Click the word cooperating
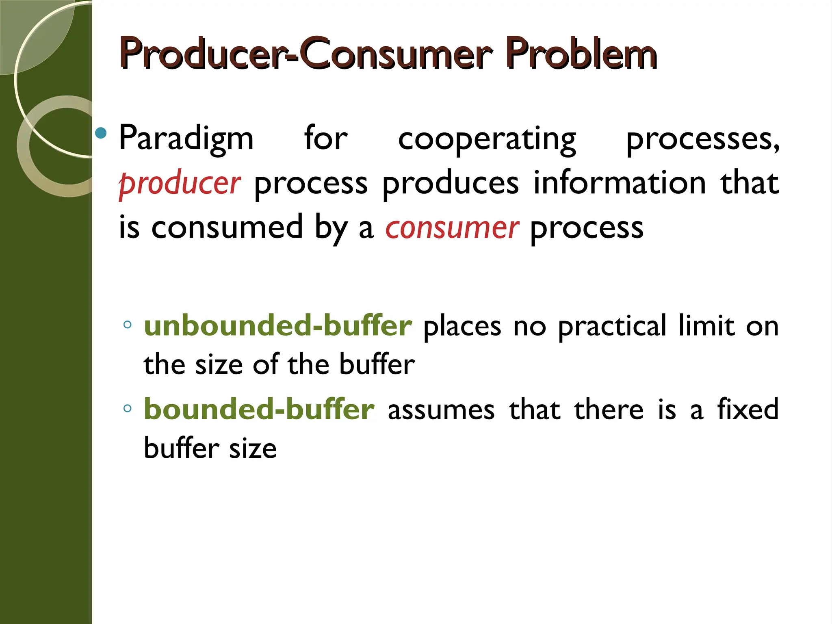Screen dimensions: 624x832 (x=487, y=139)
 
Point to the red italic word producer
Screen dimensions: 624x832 (x=180, y=184)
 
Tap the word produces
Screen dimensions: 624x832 (x=450, y=184)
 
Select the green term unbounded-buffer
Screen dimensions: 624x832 (x=278, y=326)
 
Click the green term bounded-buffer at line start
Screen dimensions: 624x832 (x=259, y=409)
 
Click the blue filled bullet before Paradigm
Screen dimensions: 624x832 (x=100, y=133)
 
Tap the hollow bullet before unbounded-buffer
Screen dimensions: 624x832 (x=128, y=325)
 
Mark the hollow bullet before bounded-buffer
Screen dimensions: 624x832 (x=128, y=408)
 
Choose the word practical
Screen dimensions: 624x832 (x=612, y=327)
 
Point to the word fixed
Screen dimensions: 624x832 (x=747, y=409)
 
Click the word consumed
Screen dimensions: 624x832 (x=227, y=227)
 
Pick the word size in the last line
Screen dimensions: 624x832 (x=253, y=449)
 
